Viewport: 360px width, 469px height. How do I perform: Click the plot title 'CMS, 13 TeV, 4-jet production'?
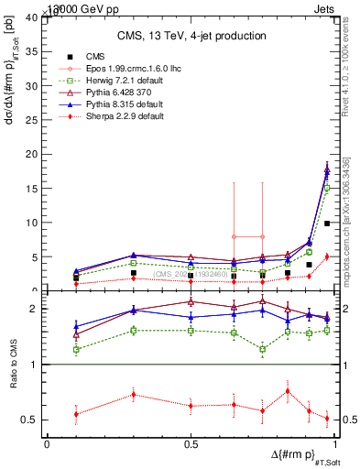pyautogui.click(x=191, y=36)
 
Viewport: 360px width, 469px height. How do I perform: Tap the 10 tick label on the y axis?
pyautogui.click(x=33, y=223)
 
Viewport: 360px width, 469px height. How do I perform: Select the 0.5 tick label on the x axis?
pyautogui.click(x=191, y=444)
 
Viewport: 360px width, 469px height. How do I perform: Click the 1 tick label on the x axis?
pyautogui.click(x=333, y=444)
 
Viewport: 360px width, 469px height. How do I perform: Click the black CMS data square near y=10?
pyautogui.click(x=327, y=224)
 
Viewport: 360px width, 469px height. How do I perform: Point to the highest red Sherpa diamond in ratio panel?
pyautogui.click(x=288, y=391)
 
